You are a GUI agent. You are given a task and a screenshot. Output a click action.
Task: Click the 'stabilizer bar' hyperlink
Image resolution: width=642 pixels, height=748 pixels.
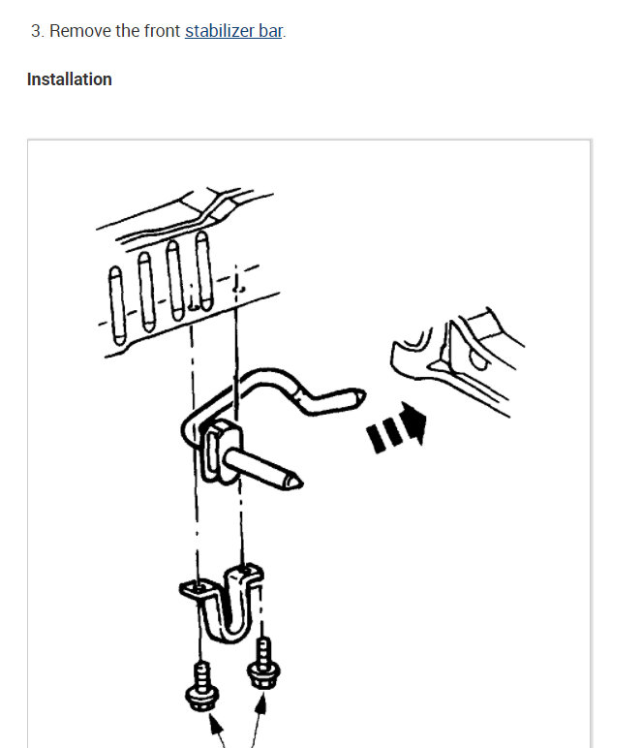tap(233, 31)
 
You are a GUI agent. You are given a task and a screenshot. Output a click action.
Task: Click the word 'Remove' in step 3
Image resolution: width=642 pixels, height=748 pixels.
tap(80, 31)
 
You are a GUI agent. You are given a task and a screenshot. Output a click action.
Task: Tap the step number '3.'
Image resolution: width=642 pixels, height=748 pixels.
tap(38, 31)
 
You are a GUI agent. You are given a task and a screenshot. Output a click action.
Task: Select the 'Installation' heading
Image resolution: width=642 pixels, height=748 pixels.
tap(70, 79)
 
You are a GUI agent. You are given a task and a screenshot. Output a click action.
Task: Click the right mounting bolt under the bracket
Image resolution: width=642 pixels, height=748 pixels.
tap(260, 662)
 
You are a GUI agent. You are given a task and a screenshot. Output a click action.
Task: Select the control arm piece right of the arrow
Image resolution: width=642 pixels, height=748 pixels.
tap(455, 358)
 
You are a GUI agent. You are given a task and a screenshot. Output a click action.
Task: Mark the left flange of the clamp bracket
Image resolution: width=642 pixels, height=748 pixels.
tap(192, 587)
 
